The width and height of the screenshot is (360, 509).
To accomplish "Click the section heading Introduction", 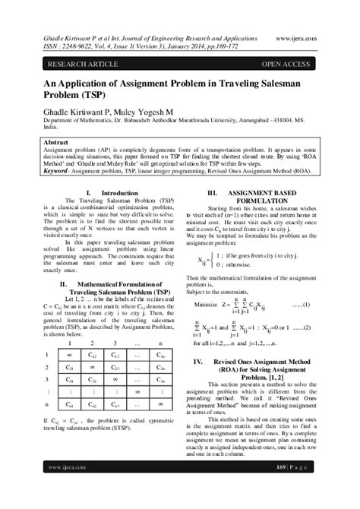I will click(x=119, y=193).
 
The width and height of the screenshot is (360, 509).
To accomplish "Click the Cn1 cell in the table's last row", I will click(x=71, y=405).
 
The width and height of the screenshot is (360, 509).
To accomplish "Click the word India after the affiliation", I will click(x=52, y=128).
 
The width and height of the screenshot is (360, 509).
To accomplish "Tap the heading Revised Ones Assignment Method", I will click(x=261, y=362).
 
